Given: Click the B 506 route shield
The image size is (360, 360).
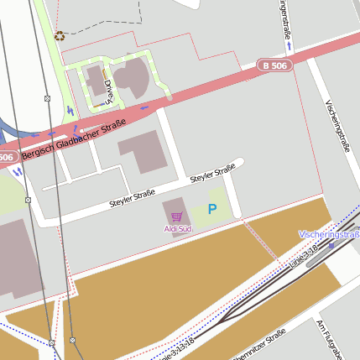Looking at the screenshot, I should (274, 65).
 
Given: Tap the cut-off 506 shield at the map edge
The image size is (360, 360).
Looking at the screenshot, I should (6, 157).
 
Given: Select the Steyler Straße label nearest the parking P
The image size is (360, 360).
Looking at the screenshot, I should (212, 175).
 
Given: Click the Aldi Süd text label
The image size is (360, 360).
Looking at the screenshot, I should (177, 228).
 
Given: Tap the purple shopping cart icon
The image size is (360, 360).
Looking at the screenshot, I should (176, 217).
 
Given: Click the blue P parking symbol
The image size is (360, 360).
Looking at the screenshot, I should (212, 209).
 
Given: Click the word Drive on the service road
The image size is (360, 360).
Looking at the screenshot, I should (108, 88).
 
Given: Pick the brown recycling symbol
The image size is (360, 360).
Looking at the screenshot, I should (59, 36).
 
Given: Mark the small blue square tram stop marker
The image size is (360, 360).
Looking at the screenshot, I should (356, 228).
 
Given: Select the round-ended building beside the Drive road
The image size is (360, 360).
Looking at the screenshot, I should (133, 76).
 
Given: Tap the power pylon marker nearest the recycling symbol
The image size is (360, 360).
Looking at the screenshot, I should (47, 98).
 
